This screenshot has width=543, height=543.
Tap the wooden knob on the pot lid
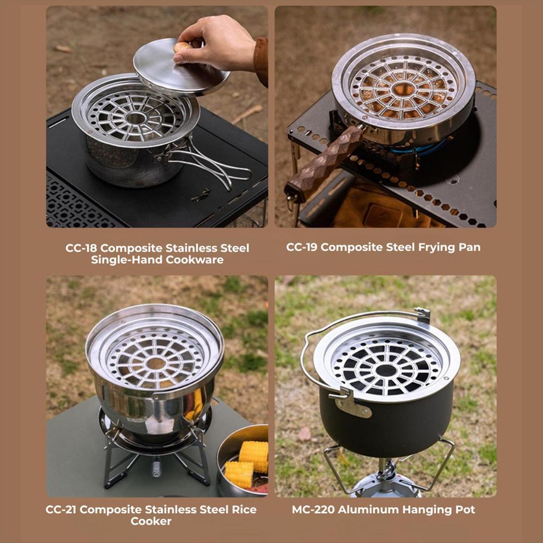pyautogui.click(x=182, y=47)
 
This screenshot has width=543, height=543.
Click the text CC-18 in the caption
pyautogui.click(x=81, y=248)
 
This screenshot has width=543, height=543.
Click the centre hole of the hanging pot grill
pyautogui.click(x=386, y=371)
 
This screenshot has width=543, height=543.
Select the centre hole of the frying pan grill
pyautogui.click(x=404, y=89)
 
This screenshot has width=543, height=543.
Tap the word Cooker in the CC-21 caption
pyautogui.click(x=151, y=521)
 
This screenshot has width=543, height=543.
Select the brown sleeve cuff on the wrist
pyautogui.click(x=261, y=61)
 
